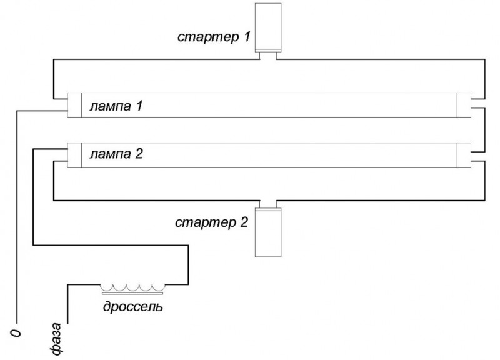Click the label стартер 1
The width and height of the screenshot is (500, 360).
(214, 37)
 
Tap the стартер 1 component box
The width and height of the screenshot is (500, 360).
(268, 27)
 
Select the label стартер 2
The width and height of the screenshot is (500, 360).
(211, 222)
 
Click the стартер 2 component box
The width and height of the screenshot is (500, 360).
(268, 232)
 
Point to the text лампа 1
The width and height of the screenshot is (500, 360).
(116, 106)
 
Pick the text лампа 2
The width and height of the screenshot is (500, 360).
(116, 154)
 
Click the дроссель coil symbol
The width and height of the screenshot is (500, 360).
(133, 287)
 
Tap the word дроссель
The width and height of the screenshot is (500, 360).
(133, 306)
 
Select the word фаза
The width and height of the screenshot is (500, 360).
(56, 339)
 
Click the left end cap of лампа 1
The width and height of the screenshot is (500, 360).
(74, 105)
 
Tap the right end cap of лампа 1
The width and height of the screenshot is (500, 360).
(464, 105)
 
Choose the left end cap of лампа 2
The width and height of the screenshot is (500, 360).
(74, 155)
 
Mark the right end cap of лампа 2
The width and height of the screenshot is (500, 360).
(464, 155)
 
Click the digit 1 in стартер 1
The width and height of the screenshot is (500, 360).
(247, 36)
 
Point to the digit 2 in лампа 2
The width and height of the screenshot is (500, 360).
(139, 153)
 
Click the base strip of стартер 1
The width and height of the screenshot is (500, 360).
(268, 51)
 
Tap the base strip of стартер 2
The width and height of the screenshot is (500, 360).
(268, 209)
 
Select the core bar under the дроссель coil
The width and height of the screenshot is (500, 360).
(133, 293)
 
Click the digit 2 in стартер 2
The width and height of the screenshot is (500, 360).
(244, 222)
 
